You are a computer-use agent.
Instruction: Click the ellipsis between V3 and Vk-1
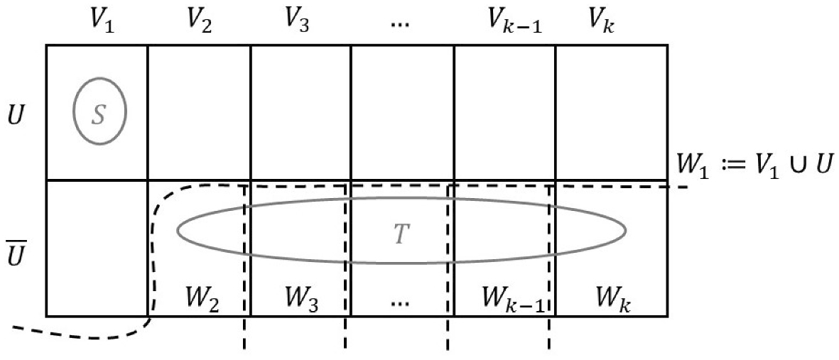[x=400, y=23]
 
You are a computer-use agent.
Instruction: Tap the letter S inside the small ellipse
[x=99, y=114]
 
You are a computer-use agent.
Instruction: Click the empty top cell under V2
[x=199, y=112]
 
